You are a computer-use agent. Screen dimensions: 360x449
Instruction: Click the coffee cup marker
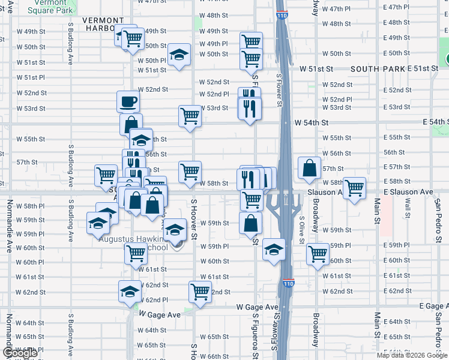(127, 101)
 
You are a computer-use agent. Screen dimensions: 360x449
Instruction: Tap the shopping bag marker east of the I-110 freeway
(309, 169)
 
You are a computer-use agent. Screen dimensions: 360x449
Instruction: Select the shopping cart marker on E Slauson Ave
(354, 187)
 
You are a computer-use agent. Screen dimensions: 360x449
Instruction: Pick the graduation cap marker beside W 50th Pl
(179, 55)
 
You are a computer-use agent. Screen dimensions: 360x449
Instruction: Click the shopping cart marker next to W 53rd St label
(190, 116)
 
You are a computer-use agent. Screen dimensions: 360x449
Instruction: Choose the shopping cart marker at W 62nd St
(200, 292)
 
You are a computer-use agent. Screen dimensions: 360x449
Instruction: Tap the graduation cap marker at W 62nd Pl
(130, 291)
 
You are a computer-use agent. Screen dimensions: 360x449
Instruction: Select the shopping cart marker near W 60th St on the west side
(136, 253)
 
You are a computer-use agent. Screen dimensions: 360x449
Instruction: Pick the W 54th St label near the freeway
(312, 122)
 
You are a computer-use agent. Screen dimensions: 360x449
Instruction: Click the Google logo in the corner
(20, 353)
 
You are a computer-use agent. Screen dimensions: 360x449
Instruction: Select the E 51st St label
(424, 68)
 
